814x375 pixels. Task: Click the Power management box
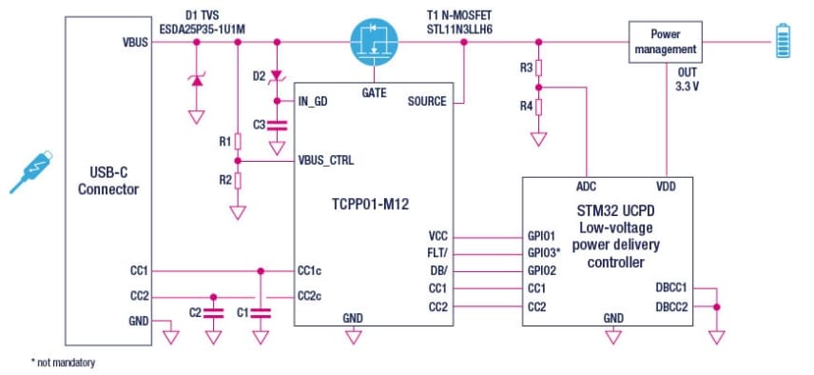coord(665,42)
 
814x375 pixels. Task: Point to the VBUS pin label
coord(135,43)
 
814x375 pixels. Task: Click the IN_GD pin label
coord(313,101)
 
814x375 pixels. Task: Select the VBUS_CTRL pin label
coord(325,160)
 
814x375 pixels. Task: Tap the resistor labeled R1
coord(238,142)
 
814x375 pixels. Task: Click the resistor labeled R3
coord(538,69)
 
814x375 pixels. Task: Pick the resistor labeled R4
coord(538,106)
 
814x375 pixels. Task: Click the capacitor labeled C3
coord(277,125)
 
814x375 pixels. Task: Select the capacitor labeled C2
coord(213,310)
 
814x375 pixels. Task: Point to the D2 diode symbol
coord(277,75)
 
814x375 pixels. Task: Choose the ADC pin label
coord(587,187)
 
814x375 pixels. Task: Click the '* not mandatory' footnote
coord(64,362)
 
